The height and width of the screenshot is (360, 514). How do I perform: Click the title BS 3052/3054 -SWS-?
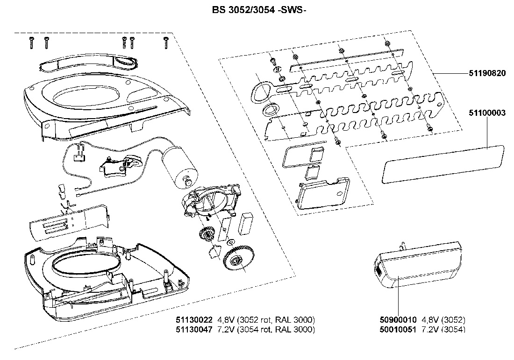tap(259, 10)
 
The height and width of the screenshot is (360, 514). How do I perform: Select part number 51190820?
tap(487, 73)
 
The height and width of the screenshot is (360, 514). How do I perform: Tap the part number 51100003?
tap(487, 113)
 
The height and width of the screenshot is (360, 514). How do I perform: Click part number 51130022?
tap(194, 320)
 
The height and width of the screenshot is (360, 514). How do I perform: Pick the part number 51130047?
tap(194, 329)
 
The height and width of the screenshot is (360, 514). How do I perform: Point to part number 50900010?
tap(398, 320)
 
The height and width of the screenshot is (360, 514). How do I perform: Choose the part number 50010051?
tap(398, 329)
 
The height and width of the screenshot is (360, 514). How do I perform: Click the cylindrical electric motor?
tap(180, 167)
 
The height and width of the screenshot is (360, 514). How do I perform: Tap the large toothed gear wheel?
tap(238, 258)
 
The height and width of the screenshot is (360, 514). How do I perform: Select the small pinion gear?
tap(206, 234)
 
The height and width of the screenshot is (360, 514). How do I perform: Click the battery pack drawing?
tap(418, 265)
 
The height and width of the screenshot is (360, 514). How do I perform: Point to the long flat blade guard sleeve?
tap(443, 164)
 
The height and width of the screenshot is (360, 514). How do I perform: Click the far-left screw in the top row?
tap(31, 43)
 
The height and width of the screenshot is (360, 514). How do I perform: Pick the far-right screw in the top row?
tap(166, 43)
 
